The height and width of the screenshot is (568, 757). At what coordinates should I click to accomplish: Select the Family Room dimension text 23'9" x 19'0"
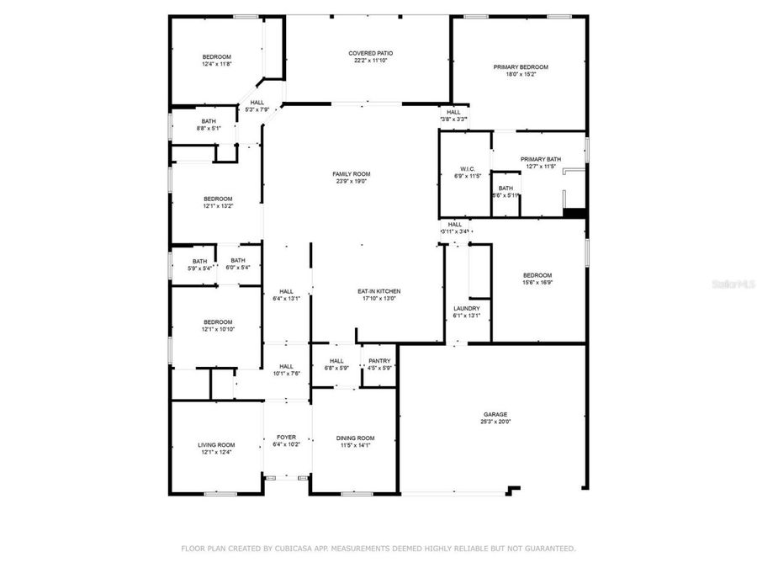point(351,182)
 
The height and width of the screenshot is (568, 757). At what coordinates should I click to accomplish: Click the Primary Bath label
point(540,159)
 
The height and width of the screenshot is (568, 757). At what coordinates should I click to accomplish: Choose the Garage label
point(495,414)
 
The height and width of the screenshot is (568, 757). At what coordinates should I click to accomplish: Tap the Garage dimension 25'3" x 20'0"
point(495,422)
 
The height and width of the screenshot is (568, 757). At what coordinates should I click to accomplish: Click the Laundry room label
point(467,308)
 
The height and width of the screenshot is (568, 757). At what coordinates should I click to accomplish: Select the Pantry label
point(378,360)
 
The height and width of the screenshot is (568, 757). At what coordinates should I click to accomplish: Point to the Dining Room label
point(355,438)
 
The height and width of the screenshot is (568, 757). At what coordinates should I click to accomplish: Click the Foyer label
point(287,437)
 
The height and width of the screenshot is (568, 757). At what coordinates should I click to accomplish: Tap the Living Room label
point(216,445)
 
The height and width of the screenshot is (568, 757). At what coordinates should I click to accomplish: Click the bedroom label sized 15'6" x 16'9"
point(537,275)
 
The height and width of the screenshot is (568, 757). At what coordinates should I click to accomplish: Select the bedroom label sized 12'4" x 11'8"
point(216,56)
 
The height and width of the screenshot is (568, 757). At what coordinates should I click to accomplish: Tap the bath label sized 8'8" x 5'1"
point(209,121)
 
